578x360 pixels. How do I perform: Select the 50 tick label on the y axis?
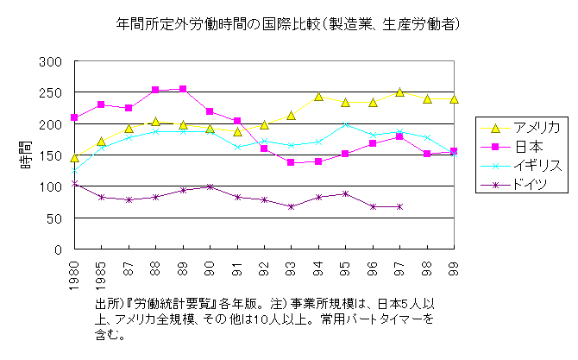click(54, 218)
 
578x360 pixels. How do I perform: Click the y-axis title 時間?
click(26, 155)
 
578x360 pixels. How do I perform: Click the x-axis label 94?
click(318, 264)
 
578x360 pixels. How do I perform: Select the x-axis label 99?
click(454, 264)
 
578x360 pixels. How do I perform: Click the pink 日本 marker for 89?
click(183, 89)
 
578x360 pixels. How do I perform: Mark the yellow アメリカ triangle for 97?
click(399, 92)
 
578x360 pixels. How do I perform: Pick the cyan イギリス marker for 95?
click(345, 125)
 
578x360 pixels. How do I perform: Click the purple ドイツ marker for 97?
click(399, 206)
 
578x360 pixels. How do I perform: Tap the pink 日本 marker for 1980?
click(75, 117)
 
